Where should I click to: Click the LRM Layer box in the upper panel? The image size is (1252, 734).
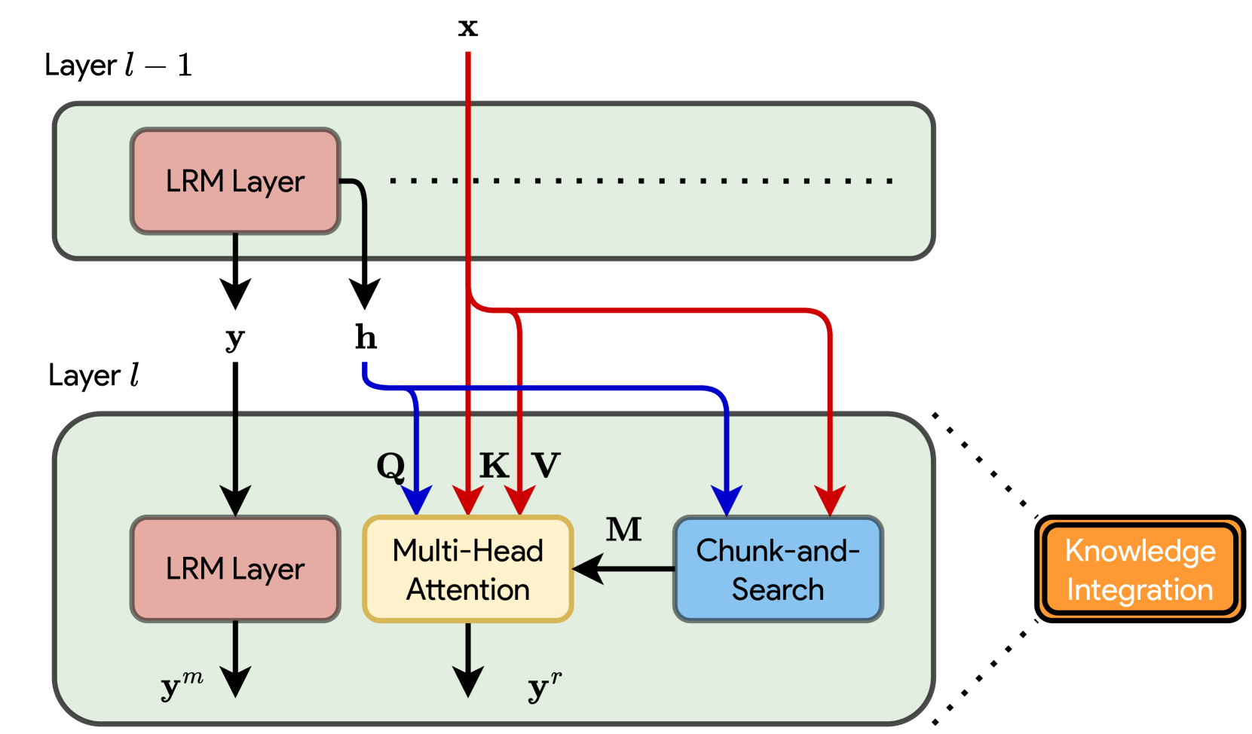point(235,181)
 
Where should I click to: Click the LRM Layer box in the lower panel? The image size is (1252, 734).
point(235,569)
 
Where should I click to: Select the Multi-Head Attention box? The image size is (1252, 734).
point(468,569)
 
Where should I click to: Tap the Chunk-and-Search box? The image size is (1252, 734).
point(778,569)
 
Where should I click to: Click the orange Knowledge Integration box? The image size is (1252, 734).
point(1140,570)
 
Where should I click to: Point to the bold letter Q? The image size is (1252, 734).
point(390,466)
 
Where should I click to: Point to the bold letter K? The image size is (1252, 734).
point(494,466)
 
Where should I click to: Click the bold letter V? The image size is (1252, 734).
point(546,466)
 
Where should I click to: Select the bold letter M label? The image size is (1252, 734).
point(624,530)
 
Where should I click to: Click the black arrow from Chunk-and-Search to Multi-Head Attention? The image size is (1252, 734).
point(626,569)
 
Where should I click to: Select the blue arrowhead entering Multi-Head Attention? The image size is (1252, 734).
point(416,500)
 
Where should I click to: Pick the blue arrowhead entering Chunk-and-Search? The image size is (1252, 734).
point(727,500)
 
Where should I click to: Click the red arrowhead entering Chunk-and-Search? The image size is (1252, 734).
point(830,500)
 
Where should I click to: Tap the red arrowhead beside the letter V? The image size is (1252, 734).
point(519,500)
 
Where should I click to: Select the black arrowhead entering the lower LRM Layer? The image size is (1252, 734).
point(235,500)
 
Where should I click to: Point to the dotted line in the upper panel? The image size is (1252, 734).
point(641,181)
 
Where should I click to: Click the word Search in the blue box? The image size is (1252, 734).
point(778,589)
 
